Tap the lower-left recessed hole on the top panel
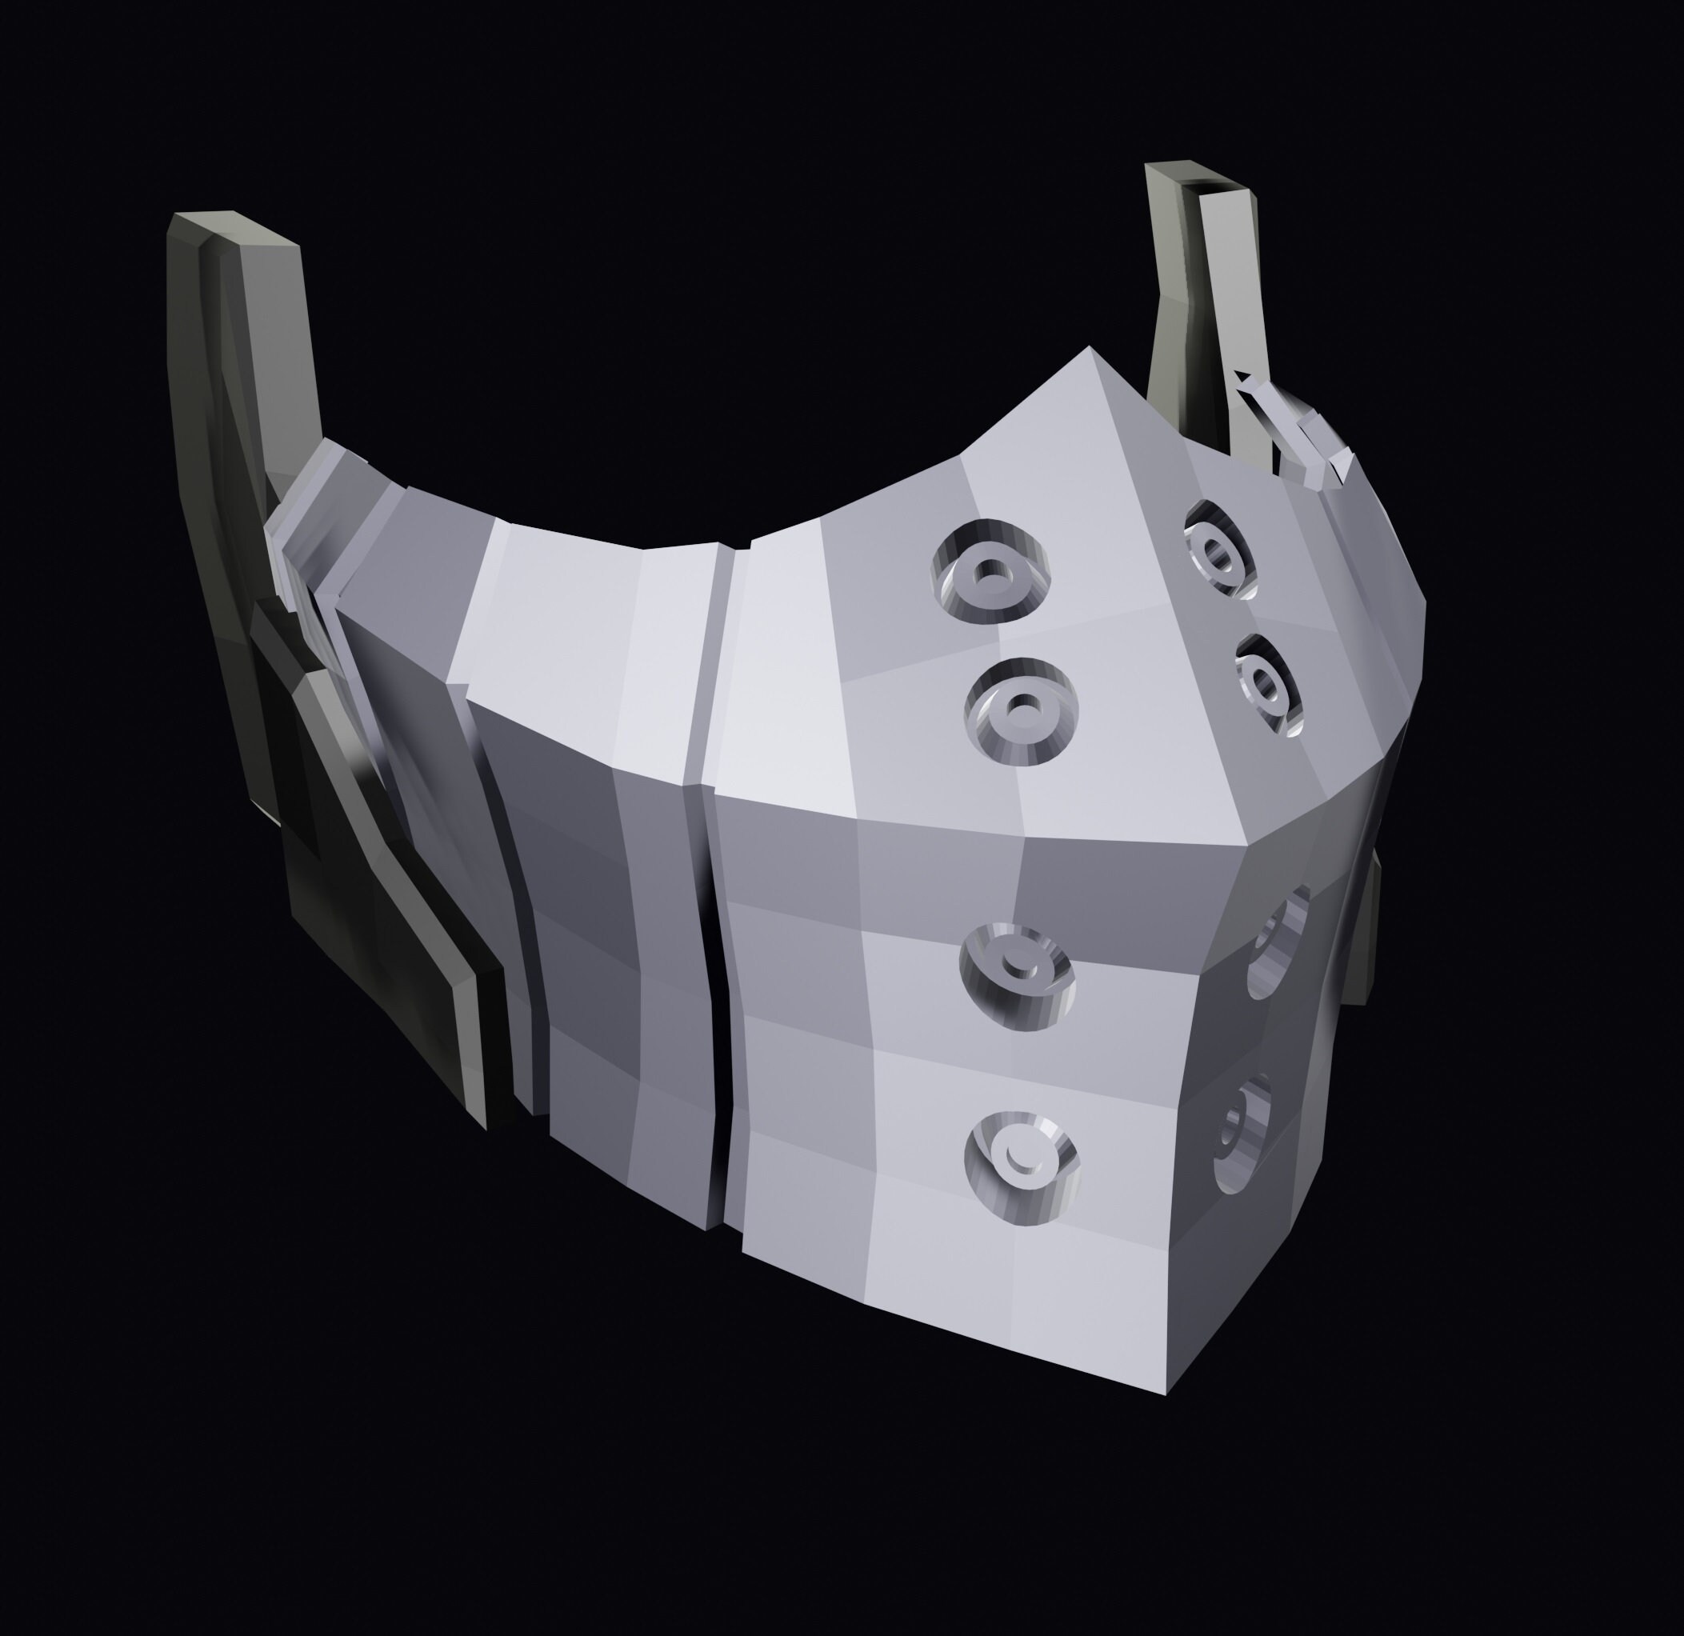(x=1022, y=711)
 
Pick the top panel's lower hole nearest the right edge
(x=1268, y=685)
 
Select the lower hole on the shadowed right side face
(x=1241, y=1132)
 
